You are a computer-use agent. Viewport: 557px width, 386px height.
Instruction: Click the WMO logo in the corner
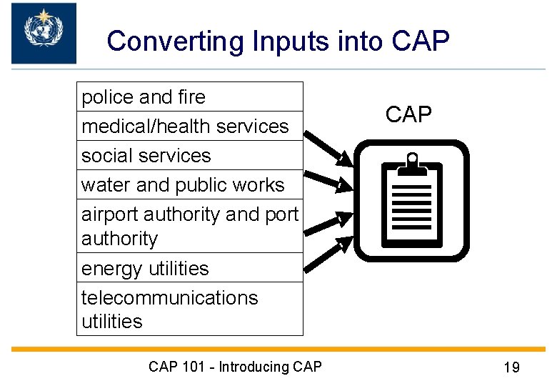pos(44,33)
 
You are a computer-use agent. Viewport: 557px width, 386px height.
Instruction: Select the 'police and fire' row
pos(189,97)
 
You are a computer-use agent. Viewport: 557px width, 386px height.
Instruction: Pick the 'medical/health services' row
pos(189,127)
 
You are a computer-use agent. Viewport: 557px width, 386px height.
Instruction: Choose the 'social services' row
pos(189,156)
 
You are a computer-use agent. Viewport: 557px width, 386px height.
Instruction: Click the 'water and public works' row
pos(189,185)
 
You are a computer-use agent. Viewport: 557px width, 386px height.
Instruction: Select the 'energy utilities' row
pos(189,269)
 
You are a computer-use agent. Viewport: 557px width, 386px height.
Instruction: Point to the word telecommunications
pos(169,297)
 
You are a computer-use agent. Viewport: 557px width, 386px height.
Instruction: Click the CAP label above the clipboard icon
pos(408,114)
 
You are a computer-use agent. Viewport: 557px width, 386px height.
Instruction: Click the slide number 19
pos(511,368)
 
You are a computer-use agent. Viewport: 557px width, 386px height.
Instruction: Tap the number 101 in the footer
pos(194,367)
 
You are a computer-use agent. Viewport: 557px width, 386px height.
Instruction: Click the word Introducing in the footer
pos(254,367)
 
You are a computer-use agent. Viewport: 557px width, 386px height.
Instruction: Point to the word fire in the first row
pos(191,97)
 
